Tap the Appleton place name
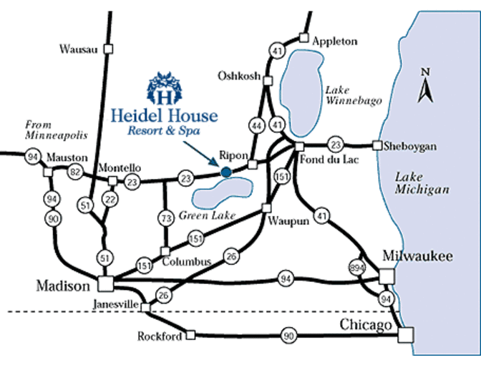coord(334,42)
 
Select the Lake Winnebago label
coord(346,96)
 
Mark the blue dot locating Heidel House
coord(226,172)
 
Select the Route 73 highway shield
coord(165,217)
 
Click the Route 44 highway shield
coord(255,127)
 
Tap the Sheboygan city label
coord(411,145)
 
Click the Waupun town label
coord(288,221)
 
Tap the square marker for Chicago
coord(406,334)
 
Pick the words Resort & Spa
coord(163,131)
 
